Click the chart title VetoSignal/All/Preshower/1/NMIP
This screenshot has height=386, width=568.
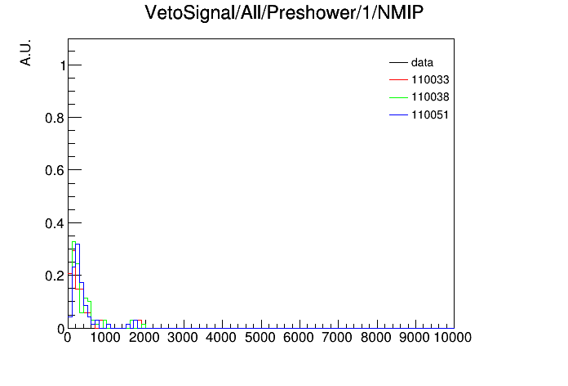coord(284,13)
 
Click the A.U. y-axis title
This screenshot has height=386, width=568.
coord(26,52)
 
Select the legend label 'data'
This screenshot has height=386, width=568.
coord(422,63)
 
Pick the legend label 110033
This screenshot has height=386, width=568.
coord(430,80)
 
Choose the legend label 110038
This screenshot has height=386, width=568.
coord(430,97)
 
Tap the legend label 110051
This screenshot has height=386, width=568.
coord(430,115)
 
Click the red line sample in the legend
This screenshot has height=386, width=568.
coord(398,80)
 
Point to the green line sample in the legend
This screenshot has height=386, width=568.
coord(398,97)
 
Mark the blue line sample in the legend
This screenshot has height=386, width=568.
coord(398,115)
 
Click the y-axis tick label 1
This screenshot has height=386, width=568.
coord(63,65)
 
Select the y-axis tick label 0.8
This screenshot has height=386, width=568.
coord(55,118)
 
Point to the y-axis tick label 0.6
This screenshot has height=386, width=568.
coord(55,170)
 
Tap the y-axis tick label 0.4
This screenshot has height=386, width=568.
coord(55,223)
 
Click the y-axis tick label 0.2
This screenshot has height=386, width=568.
coord(55,276)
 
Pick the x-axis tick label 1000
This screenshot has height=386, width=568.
coord(105,338)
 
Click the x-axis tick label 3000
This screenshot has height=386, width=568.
coord(183,338)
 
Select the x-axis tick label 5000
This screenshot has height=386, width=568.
coord(260,338)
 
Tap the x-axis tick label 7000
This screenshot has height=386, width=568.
coord(337,338)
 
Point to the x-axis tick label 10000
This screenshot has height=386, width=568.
coord(453,338)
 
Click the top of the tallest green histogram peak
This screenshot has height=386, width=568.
coord(73,242)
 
